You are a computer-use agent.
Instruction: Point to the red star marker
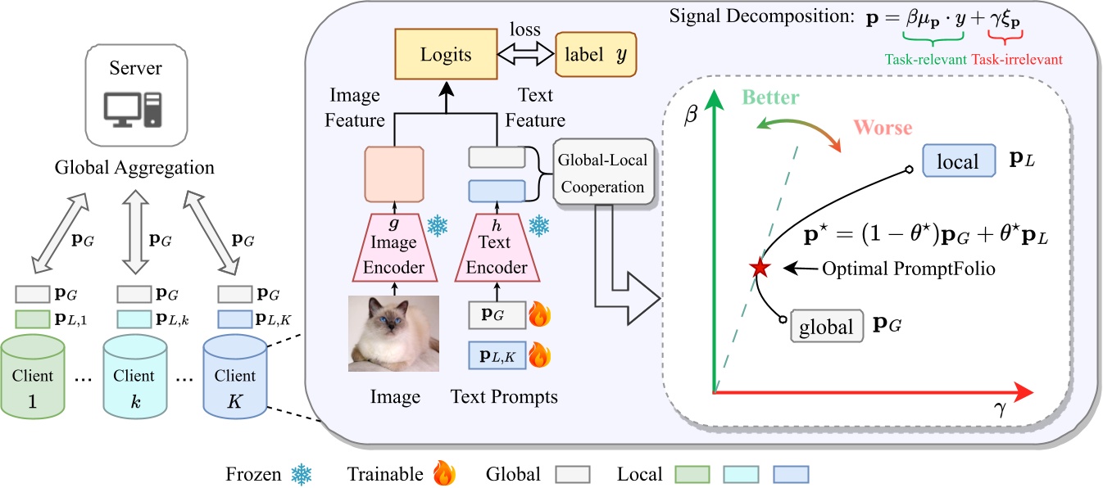[758, 267]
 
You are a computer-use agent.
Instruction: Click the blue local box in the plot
[958, 160]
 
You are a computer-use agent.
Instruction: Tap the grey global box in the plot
[825, 328]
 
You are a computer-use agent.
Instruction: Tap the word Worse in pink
[883, 129]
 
